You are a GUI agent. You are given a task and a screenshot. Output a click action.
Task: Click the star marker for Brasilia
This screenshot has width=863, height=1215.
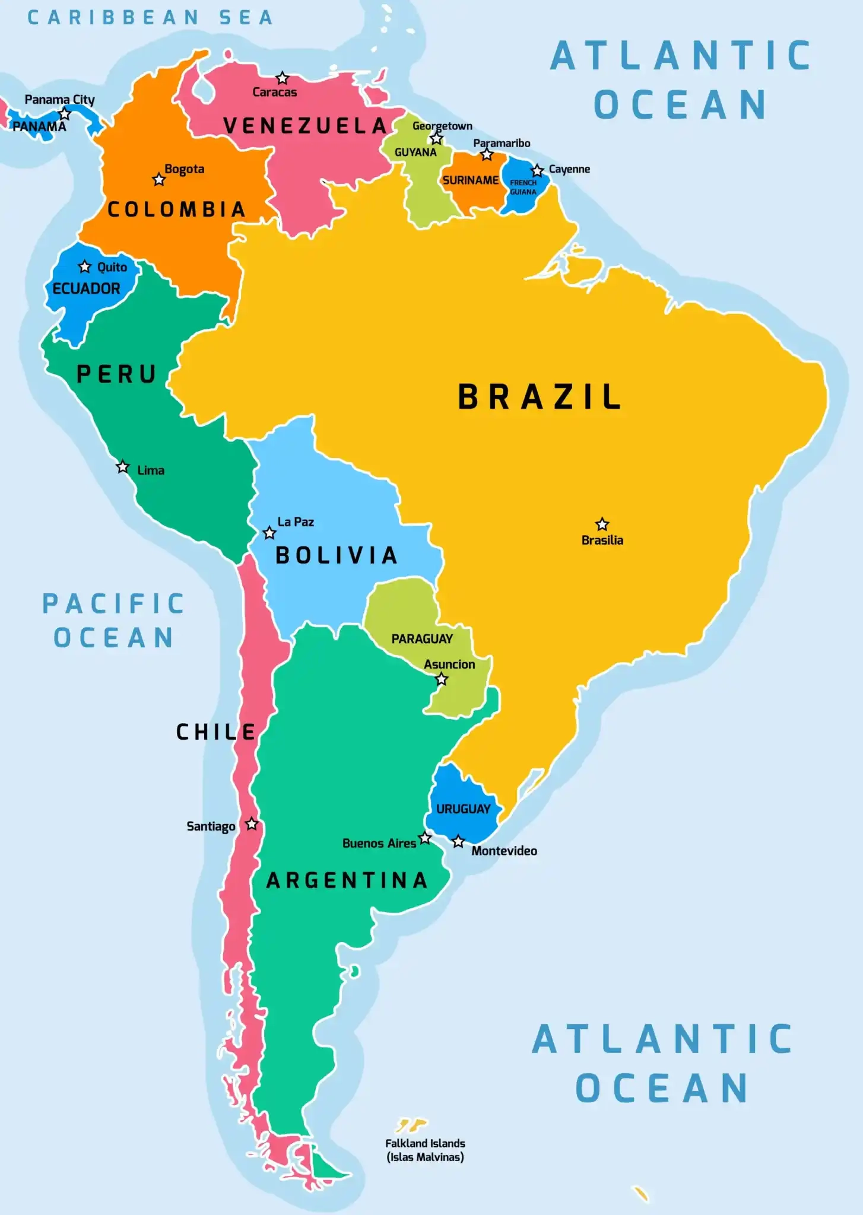602,524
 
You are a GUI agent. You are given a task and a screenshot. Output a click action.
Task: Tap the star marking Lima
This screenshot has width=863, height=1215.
122,467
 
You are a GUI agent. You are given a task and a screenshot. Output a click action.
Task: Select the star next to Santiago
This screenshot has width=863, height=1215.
252,824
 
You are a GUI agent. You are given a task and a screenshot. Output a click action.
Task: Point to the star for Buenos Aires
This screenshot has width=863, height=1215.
425,838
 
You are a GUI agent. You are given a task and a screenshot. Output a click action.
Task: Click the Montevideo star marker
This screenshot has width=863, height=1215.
458,841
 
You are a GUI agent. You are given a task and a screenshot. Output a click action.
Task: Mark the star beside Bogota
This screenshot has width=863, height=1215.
158,179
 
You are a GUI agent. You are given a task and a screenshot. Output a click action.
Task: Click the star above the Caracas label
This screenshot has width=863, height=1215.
283,78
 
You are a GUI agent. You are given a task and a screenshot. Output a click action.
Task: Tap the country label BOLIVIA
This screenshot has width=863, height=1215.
337,555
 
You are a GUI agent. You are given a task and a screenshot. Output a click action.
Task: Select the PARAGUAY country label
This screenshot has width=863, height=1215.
421,639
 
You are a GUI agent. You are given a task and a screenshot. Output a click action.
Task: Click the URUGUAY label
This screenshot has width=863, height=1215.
463,809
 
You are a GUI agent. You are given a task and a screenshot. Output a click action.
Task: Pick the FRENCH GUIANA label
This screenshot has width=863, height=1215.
523,187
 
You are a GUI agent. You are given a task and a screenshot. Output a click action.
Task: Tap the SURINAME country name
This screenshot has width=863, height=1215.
470,180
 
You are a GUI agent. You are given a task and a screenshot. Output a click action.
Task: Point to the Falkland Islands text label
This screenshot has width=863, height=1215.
425,1150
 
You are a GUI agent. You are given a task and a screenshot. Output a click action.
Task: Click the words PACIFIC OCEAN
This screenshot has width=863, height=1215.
113,621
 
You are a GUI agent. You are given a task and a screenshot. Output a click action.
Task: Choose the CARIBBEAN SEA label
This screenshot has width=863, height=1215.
150,18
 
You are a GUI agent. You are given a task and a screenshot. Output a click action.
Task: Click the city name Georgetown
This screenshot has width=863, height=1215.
442,126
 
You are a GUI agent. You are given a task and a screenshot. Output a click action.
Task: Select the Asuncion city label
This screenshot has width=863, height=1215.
449,664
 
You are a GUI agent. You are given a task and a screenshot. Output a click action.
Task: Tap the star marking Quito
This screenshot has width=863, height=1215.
85,266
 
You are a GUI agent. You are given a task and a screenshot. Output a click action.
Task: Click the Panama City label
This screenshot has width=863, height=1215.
59,100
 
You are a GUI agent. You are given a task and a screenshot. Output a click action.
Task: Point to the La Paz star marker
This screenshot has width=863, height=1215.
269,533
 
